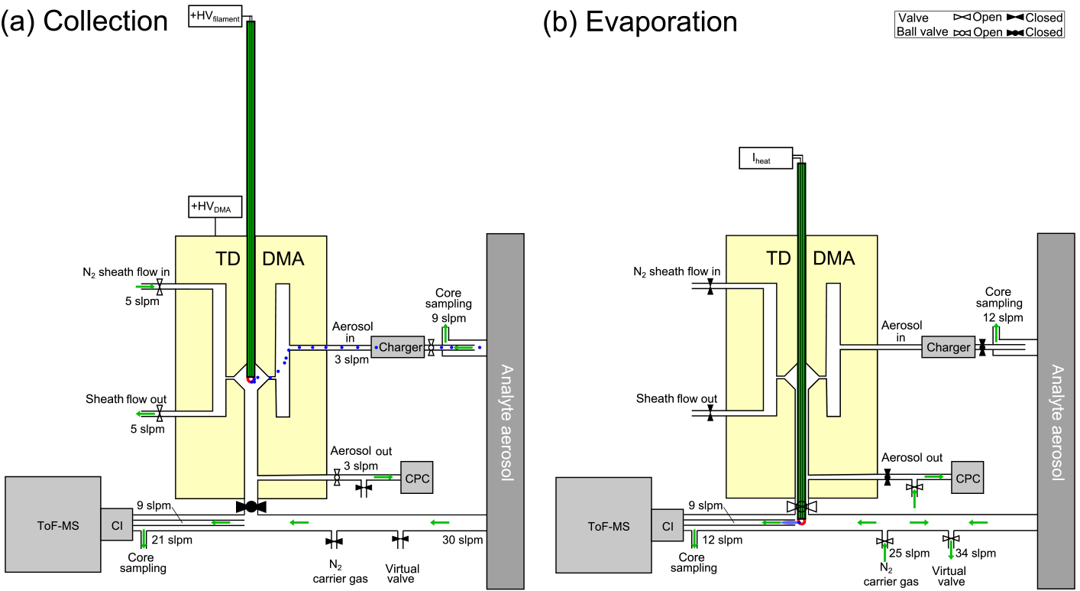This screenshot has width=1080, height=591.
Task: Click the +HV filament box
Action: click(215, 15)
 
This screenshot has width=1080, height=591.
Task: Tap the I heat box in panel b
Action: click(766, 158)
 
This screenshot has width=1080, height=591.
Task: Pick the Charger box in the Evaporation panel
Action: click(948, 347)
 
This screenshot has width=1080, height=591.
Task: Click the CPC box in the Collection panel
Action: click(417, 478)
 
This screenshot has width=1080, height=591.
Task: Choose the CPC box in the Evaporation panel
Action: click(967, 478)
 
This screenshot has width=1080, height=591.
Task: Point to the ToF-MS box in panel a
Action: click(52, 524)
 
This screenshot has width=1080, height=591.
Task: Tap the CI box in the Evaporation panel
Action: click(668, 524)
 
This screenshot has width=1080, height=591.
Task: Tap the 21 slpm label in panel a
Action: click(172, 541)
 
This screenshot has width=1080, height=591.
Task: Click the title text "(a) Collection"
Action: click(84, 21)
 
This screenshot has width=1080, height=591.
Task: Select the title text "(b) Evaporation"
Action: click(640, 21)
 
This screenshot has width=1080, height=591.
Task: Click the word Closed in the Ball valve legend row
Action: click(1044, 32)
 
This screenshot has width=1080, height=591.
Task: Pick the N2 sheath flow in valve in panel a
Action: click(160, 287)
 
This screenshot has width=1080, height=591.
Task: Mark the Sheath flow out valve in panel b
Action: click(710, 413)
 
